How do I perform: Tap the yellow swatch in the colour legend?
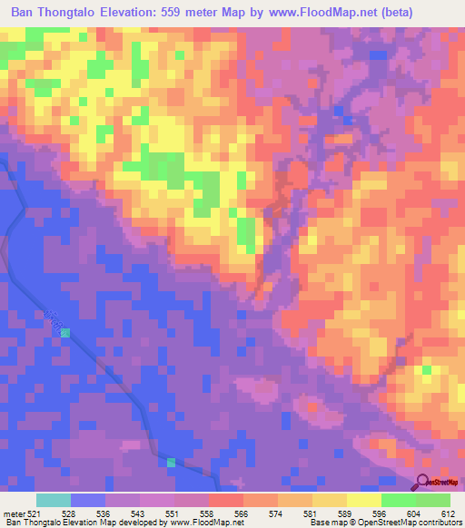[x=363, y=500]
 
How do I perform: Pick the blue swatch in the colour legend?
[x=88, y=500]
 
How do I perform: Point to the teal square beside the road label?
[x=64, y=333]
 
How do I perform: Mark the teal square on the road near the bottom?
[x=171, y=463]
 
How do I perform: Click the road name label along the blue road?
[x=52, y=318]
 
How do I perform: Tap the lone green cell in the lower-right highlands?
[x=426, y=369]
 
